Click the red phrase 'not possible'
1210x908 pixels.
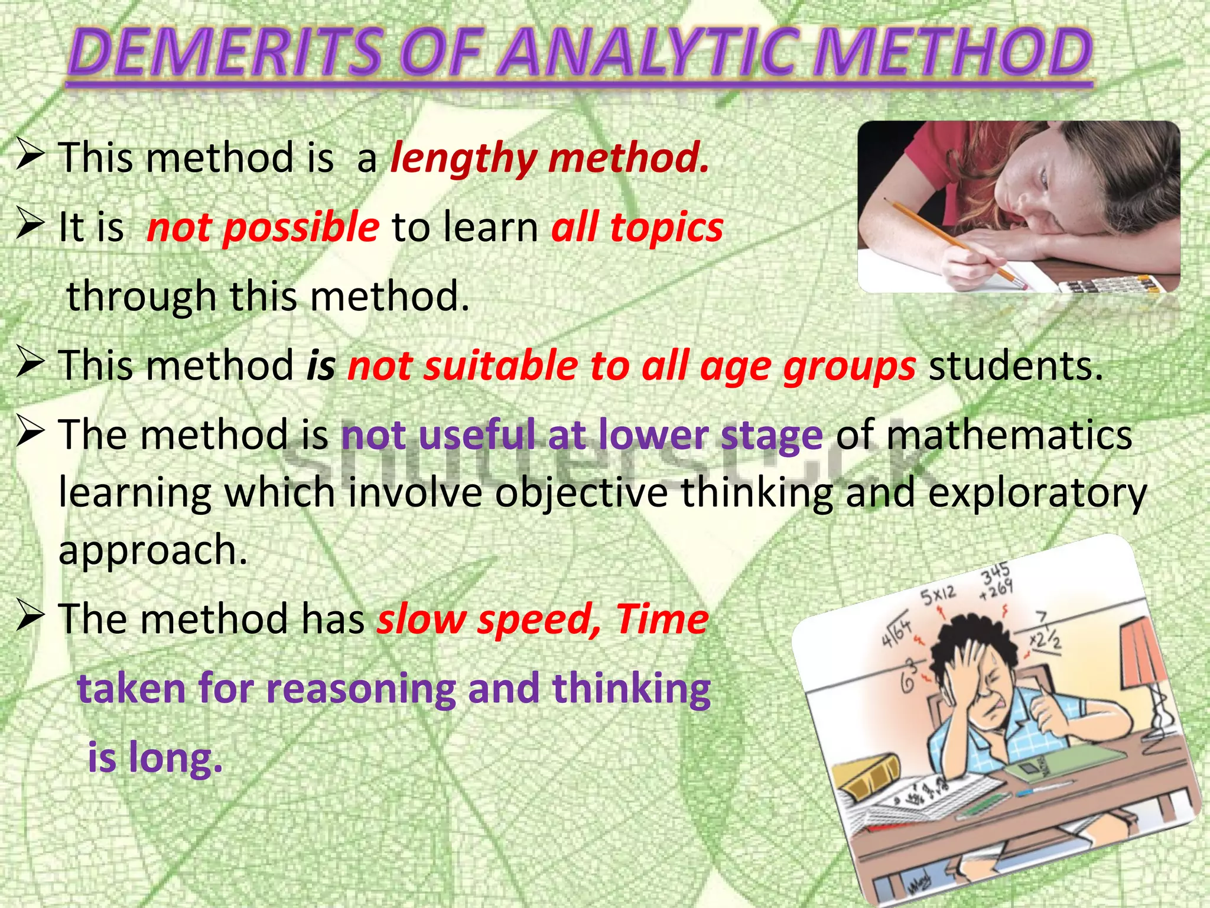click(x=263, y=228)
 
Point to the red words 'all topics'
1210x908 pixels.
click(x=637, y=228)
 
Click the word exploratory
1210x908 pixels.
click(x=1037, y=492)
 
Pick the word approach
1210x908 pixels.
click(x=152, y=550)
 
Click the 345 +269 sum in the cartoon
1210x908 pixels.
click(x=997, y=581)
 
